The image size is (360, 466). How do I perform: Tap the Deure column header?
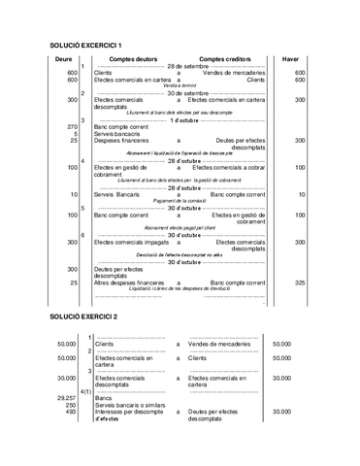(64, 59)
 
